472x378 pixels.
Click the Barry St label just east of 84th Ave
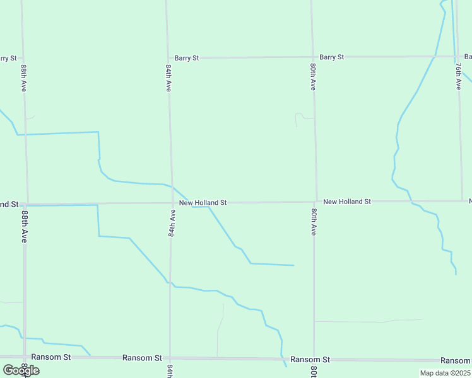[x=186, y=58]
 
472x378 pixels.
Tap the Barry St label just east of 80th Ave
[x=331, y=57]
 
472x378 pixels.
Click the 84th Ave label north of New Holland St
[x=168, y=77]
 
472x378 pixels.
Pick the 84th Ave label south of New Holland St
[x=171, y=223]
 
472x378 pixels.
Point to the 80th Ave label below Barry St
[x=313, y=76]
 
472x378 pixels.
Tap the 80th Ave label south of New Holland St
[x=313, y=221]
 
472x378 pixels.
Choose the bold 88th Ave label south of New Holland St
[x=24, y=227]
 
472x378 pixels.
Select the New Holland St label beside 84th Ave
[x=203, y=203]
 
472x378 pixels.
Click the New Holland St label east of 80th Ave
[x=347, y=202]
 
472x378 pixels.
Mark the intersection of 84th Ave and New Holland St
[x=172, y=203]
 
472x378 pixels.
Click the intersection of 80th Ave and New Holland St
[x=316, y=202]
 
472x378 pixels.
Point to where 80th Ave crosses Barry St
[x=312, y=57]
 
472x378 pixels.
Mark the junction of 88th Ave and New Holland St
[x=27, y=204]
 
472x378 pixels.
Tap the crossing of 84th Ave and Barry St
[x=167, y=58]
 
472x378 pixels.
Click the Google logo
[x=21, y=370]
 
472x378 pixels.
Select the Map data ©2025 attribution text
[x=444, y=373]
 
